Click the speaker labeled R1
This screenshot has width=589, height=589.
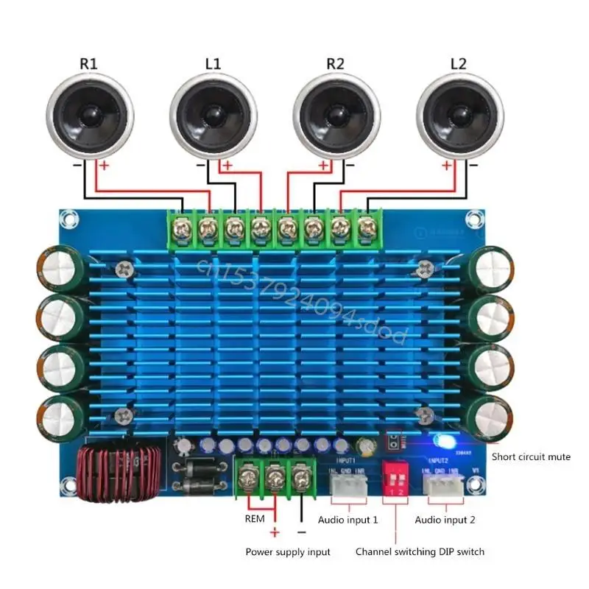90,116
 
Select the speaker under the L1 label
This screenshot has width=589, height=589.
214,116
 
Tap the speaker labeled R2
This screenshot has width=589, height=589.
336,116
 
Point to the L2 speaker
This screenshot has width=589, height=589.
459,116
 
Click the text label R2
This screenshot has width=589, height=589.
335,64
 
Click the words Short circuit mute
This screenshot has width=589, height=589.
531,457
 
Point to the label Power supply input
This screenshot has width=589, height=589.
288,551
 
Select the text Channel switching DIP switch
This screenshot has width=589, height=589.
420,551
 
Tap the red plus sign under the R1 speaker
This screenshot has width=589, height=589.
104,167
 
